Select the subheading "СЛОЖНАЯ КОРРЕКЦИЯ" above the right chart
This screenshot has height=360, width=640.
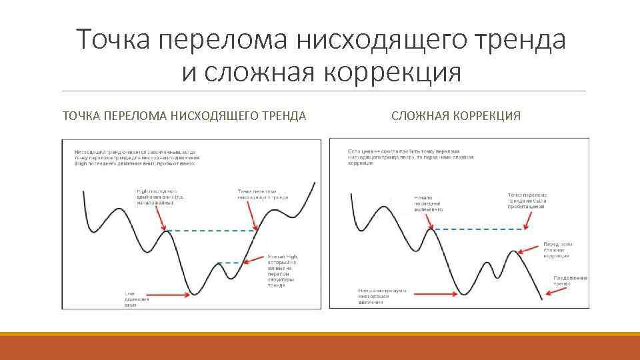456,116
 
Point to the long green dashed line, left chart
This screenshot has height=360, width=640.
210,231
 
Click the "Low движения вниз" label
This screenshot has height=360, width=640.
137,299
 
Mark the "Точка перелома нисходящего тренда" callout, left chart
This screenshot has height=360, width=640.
263,195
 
